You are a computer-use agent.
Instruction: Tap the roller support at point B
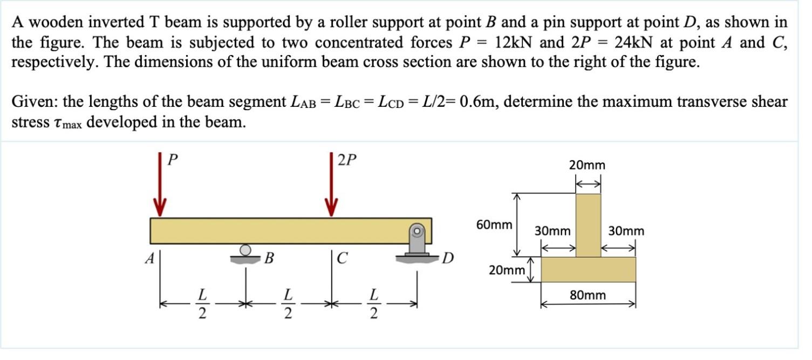tap(245, 253)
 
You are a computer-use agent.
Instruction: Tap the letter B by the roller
tap(268, 259)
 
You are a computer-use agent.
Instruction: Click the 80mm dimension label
tap(588, 295)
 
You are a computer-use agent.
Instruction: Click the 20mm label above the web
tap(587, 165)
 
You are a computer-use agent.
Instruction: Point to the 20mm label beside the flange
tap(506, 269)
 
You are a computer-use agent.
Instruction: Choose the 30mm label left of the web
tap(552, 231)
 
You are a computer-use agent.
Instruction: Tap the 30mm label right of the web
tap(626, 231)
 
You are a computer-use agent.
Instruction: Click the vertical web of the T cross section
tap(588, 225)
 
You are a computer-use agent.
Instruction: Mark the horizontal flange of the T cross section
tap(588, 269)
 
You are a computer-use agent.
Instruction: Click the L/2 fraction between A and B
tap(202, 304)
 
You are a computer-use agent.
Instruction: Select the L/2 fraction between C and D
tap(372, 304)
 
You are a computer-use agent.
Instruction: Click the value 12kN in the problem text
tap(512, 42)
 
